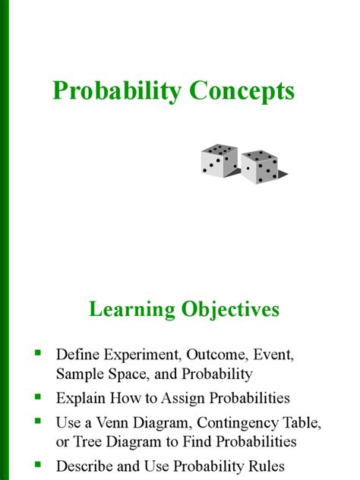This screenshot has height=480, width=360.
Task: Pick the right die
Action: [x=260, y=166]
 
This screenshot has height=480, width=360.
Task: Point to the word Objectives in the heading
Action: [x=231, y=309]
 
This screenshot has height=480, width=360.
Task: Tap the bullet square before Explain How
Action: [x=38, y=396]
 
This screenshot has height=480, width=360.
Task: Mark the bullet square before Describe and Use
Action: [x=38, y=463]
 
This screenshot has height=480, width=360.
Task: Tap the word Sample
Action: [x=77, y=374]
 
